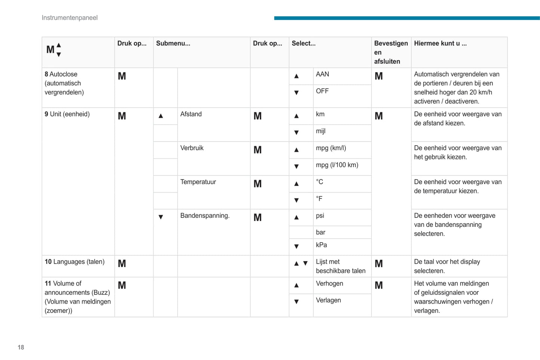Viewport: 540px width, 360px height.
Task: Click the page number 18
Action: (21, 347)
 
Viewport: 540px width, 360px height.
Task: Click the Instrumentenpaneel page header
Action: (70, 18)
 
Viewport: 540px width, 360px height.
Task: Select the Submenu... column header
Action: (173, 43)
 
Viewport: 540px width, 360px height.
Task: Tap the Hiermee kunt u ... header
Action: (440, 43)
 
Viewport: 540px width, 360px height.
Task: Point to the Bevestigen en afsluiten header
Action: (391, 52)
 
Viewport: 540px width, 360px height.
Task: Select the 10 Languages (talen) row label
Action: (74, 262)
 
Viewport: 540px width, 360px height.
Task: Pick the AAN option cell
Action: (323, 74)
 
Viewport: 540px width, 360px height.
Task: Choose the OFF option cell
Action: (322, 91)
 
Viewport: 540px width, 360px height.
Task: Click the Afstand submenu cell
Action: (191, 114)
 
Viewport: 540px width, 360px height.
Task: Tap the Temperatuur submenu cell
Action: (198, 182)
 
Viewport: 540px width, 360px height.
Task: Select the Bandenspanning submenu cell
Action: (205, 216)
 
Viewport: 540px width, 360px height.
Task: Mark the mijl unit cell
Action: (321, 131)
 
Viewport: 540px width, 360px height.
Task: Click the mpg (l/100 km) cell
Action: (337, 165)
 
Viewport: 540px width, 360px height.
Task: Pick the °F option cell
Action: (319, 199)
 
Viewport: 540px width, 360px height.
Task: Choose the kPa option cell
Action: (321, 245)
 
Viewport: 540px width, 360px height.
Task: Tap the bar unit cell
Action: (321, 232)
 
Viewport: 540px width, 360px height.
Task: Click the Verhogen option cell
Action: (329, 283)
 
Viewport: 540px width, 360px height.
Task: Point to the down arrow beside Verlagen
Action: (296, 301)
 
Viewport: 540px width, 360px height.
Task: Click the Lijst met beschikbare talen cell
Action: (340, 266)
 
